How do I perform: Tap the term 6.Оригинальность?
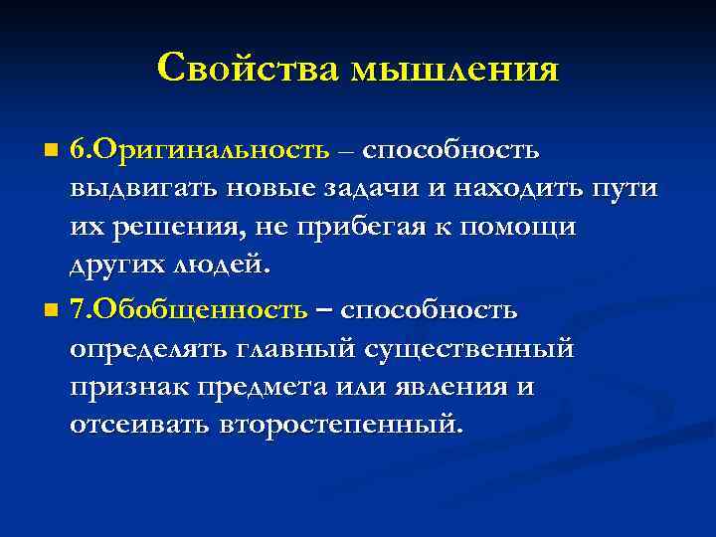[199, 150]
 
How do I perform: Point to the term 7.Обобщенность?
[188, 309]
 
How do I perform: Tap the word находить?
[533, 190]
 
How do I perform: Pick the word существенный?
[470, 349]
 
